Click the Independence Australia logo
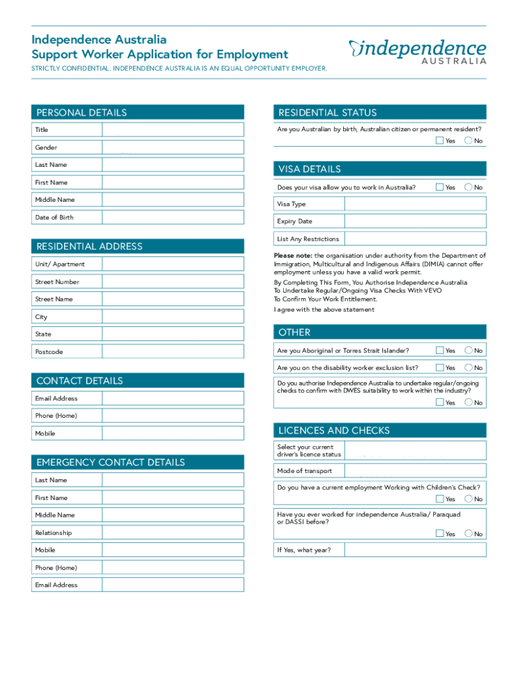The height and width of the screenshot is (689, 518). tap(417, 51)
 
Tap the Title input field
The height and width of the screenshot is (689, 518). tap(173, 130)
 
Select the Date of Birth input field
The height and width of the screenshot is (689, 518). tap(173, 217)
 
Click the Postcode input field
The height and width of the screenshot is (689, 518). tap(173, 352)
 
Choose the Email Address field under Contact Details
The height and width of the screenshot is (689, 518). tap(173, 398)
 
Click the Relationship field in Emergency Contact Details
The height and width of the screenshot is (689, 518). tap(173, 533)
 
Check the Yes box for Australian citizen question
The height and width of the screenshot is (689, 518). tap(440, 141)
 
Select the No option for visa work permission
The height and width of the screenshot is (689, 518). tap(468, 187)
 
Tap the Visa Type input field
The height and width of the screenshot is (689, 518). tap(414, 204)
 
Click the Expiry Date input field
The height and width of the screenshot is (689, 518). tap(414, 221)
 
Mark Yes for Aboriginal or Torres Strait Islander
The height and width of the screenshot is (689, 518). tap(440, 351)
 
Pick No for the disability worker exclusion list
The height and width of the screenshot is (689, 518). tap(468, 368)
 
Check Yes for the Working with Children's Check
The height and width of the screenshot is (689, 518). tap(440, 499)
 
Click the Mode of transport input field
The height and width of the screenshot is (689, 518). tap(414, 471)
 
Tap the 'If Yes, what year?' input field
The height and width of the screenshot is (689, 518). tap(414, 550)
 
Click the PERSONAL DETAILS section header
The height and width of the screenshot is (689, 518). tap(82, 113)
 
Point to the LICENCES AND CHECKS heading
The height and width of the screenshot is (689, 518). tap(334, 431)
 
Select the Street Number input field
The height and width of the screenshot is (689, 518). tap(173, 282)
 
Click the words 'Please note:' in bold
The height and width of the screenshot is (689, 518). tap(293, 256)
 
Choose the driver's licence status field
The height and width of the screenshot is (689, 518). tap(414, 450)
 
